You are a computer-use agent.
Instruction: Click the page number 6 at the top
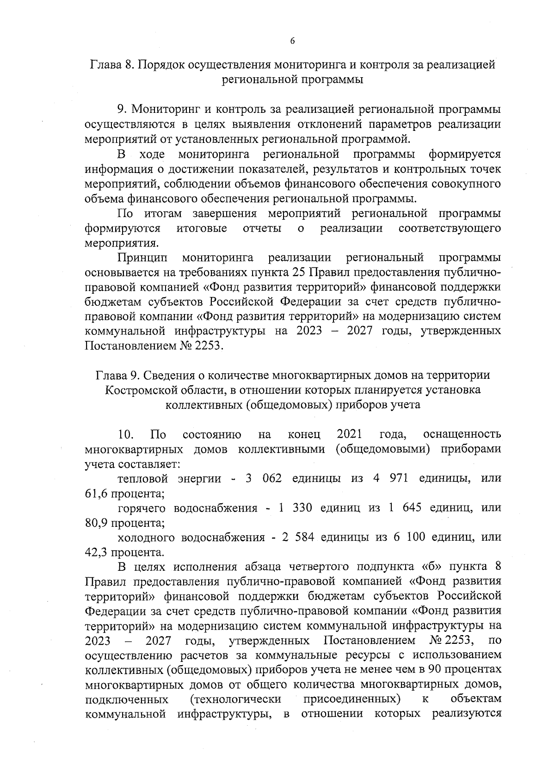click(292, 41)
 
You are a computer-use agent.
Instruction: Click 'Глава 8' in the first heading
click(111, 65)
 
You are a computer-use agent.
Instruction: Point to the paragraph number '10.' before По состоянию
click(126, 435)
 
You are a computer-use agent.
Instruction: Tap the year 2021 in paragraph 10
click(350, 435)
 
